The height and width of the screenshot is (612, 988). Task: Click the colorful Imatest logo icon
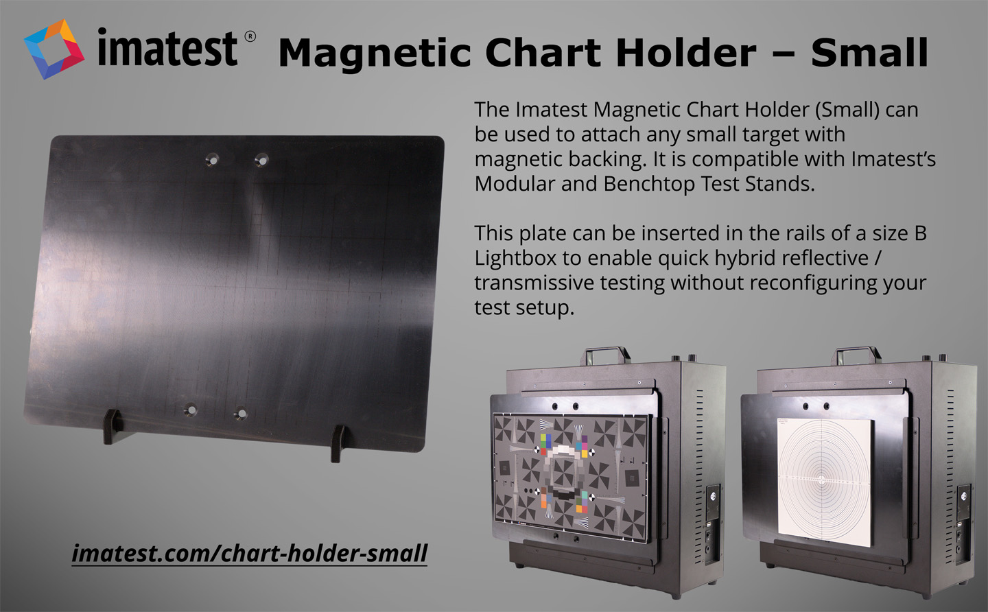tap(54, 49)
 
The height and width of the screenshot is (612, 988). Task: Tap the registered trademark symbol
tap(250, 36)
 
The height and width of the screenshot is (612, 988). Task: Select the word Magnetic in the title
tap(375, 54)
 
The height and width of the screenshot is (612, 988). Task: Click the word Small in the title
tap(870, 52)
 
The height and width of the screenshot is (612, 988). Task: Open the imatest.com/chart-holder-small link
tap(250, 554)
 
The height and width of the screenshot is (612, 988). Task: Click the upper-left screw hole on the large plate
tap(212, 160)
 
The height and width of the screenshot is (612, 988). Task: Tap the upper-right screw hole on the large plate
tap(261, 160)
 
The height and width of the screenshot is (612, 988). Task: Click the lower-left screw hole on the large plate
tap(191, 409)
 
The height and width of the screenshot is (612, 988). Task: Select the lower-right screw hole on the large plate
tap(241, 413)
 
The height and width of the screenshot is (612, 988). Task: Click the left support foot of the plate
tap(113, 426)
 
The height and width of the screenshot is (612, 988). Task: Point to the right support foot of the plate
tap(338, 443)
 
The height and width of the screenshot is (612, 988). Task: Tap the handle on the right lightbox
tap(856, 355)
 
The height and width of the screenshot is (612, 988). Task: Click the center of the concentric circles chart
tap(821, 480)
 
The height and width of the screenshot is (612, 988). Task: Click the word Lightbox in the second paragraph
tap(515, 258)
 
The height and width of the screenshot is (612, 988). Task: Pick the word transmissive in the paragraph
tap(534, 283)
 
